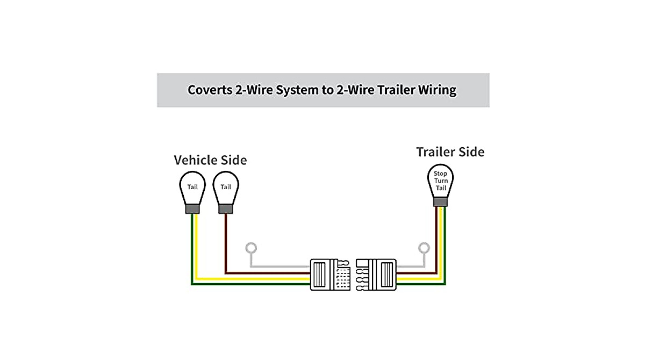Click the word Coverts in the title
[x=210, y=90]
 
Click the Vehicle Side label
[x=210, y=160]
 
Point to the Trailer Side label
[x=450, y=152]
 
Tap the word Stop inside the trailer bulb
[x=440, y=174]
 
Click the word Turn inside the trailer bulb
[x=440, y=181]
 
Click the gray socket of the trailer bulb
[x=440, y=201]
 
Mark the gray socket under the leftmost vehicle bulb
[x=192, y=209]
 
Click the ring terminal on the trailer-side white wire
[x=424, y=248]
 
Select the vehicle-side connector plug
[x=329, y=275]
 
